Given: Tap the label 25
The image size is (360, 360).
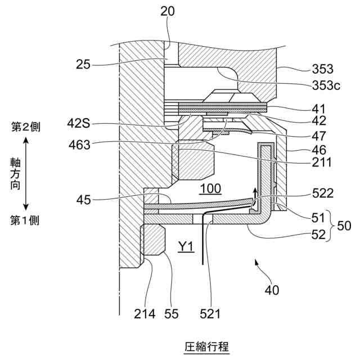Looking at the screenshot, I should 84,65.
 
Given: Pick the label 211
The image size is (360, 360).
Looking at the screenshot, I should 322,164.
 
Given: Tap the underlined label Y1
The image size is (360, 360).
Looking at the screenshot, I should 186,246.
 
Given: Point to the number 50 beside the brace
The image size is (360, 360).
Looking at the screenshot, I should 344,226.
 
